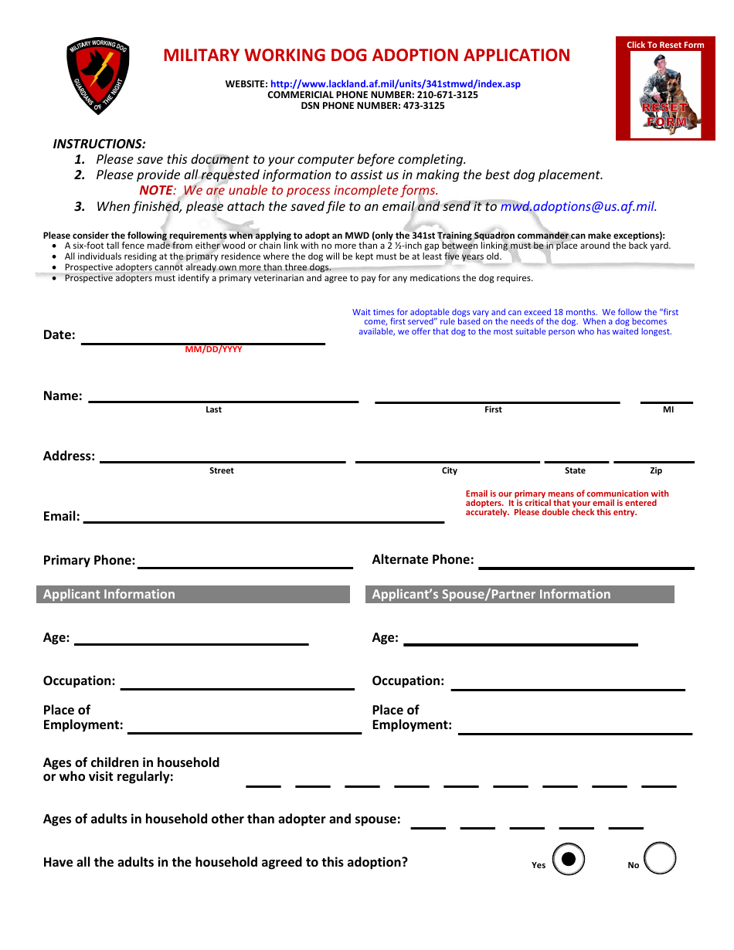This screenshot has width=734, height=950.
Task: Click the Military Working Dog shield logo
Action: (x=98, y=76)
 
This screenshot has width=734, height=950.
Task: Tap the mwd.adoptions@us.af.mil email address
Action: (x=578, y=207)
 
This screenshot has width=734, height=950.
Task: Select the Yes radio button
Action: (x=569, y=858)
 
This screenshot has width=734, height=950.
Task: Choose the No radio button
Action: (x=660, y=858)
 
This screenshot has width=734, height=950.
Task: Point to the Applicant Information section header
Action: (x=193, y=594)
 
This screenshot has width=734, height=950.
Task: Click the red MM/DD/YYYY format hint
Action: (x=213, y=350)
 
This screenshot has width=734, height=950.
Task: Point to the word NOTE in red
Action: (x=156, y=191)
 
